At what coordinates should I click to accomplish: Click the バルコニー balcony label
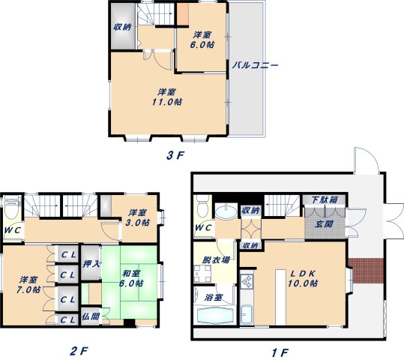click(x=255, y=64)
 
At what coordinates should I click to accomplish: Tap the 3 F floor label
click(x=175, y=155)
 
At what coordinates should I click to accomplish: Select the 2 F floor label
click(x=79, y=351)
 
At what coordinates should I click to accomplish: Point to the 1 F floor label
click(x=280, y=352)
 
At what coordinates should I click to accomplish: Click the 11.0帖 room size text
click(x=166, y=102)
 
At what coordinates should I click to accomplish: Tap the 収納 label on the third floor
click(x=122, y=27)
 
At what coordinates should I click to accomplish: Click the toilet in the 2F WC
click(x=12, y=207)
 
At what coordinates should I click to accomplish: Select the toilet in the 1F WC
click(x=203, y=205)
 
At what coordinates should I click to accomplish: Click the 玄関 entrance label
click(x=324, y=223)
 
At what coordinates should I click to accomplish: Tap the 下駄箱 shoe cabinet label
click(x=325, y=199)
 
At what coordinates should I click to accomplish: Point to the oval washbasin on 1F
click(x=226, y=212)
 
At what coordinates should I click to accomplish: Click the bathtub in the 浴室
click(x=215, y=315)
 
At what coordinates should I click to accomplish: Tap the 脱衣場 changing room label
click(x=215, y=260)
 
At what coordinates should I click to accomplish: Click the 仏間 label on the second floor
click(x=91, y=316)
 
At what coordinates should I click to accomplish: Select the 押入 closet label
click(x=91, y=264)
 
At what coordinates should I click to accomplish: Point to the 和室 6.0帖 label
click(x=131, y=278)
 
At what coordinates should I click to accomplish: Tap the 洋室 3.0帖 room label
click(x=138, y=217)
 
